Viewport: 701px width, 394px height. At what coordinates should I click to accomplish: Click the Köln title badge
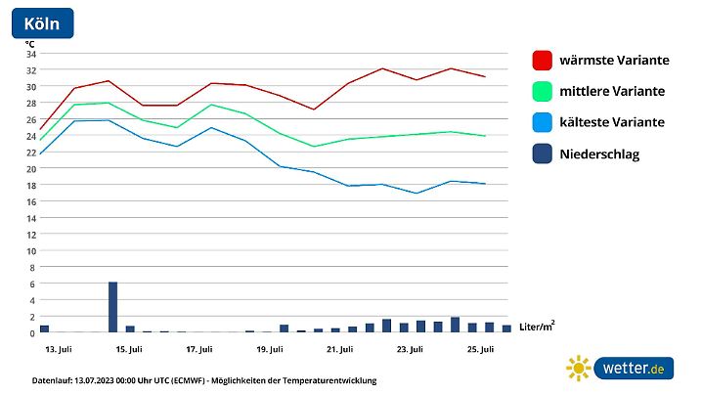point(41,23)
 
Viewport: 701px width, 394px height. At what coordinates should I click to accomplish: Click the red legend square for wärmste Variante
point(542,60)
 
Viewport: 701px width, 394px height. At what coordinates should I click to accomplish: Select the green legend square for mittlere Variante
point(542,91)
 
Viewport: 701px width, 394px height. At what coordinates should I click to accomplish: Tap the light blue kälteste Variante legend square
point(542,122)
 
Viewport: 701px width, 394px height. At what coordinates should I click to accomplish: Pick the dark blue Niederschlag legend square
point(542,153)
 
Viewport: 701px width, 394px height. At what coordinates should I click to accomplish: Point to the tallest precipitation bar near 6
point(112,307)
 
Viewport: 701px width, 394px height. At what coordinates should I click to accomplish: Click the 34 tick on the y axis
point(30,54)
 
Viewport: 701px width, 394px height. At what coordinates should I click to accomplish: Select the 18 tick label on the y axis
point(30,185)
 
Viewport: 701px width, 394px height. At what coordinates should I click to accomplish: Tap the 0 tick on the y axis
point(32,332)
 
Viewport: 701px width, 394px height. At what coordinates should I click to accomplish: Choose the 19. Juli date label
point(270,349)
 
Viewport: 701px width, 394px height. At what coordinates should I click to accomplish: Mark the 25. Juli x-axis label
point(480,349)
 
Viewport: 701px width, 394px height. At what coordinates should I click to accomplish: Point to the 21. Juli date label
point(339,349)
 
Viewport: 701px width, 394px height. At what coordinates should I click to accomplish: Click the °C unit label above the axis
point(29,43)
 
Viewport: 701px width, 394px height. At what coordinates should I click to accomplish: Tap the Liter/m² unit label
point(537,325)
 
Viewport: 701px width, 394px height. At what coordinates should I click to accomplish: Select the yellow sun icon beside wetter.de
point(579,368)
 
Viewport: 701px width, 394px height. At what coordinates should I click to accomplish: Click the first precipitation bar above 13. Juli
point(44,328)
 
